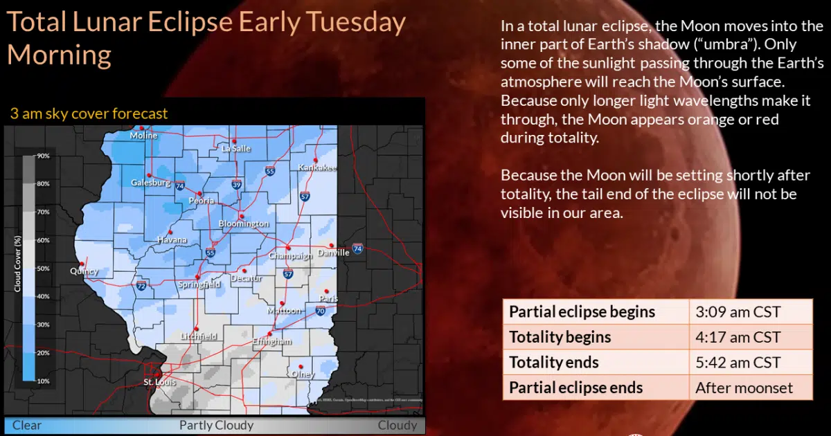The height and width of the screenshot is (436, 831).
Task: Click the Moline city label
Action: [x=144, y=136]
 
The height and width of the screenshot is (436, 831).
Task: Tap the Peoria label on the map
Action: [x=202, y=201]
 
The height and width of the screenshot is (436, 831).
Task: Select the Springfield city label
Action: [x=199, y=284]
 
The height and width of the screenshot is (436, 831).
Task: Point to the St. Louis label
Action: [x=159, y=382]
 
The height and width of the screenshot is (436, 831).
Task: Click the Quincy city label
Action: [x=84, y=271]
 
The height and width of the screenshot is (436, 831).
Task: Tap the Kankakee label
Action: [x=317, y=167]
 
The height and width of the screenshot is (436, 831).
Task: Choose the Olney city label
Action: [x=303, y=374]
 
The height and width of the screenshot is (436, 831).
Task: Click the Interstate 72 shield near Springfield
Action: [x=141, y=285]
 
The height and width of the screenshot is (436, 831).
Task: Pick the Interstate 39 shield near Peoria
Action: [x=238, y=184]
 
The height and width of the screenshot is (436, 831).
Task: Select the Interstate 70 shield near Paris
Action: [x=321, y=311]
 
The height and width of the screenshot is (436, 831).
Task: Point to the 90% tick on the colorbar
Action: [x=43, y=156]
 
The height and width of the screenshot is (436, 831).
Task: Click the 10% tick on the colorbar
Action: [x=43, y=381]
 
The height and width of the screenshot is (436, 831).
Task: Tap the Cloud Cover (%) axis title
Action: [x=18, y=264]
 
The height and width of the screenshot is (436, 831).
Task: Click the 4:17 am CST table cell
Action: [x=738, y=337]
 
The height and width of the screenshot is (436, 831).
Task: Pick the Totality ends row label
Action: [x=554, y=362]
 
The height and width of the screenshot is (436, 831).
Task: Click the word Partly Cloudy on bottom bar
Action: [x=216, y=425]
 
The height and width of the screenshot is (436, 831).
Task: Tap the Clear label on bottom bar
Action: [x=27, y=425]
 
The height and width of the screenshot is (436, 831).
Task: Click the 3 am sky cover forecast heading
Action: [x=89, y=113]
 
